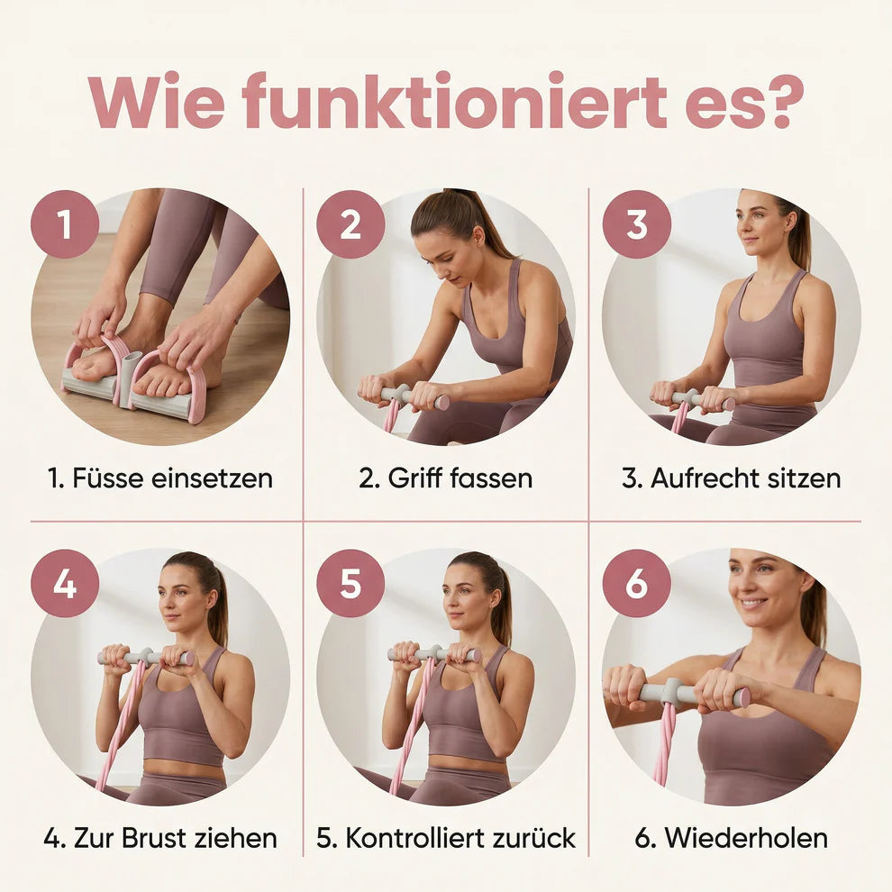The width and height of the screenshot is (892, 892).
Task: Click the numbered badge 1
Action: click(x=65, y=224)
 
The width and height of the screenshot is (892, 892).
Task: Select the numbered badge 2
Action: click(x=350, y=224)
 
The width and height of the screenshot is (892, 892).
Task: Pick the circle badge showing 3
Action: click(x=637, y=224)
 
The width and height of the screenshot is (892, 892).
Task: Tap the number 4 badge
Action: click(x=65, y=583)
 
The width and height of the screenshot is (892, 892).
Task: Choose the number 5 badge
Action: click(x=350, y=583)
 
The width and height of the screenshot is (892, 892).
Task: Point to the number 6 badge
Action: click(x=637, y=583)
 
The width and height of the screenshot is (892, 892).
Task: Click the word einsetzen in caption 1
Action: click(x=213, y=478)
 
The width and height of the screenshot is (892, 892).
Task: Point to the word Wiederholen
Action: click(x=746, y=838)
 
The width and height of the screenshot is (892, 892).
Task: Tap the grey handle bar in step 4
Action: click(x=146, y=656)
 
